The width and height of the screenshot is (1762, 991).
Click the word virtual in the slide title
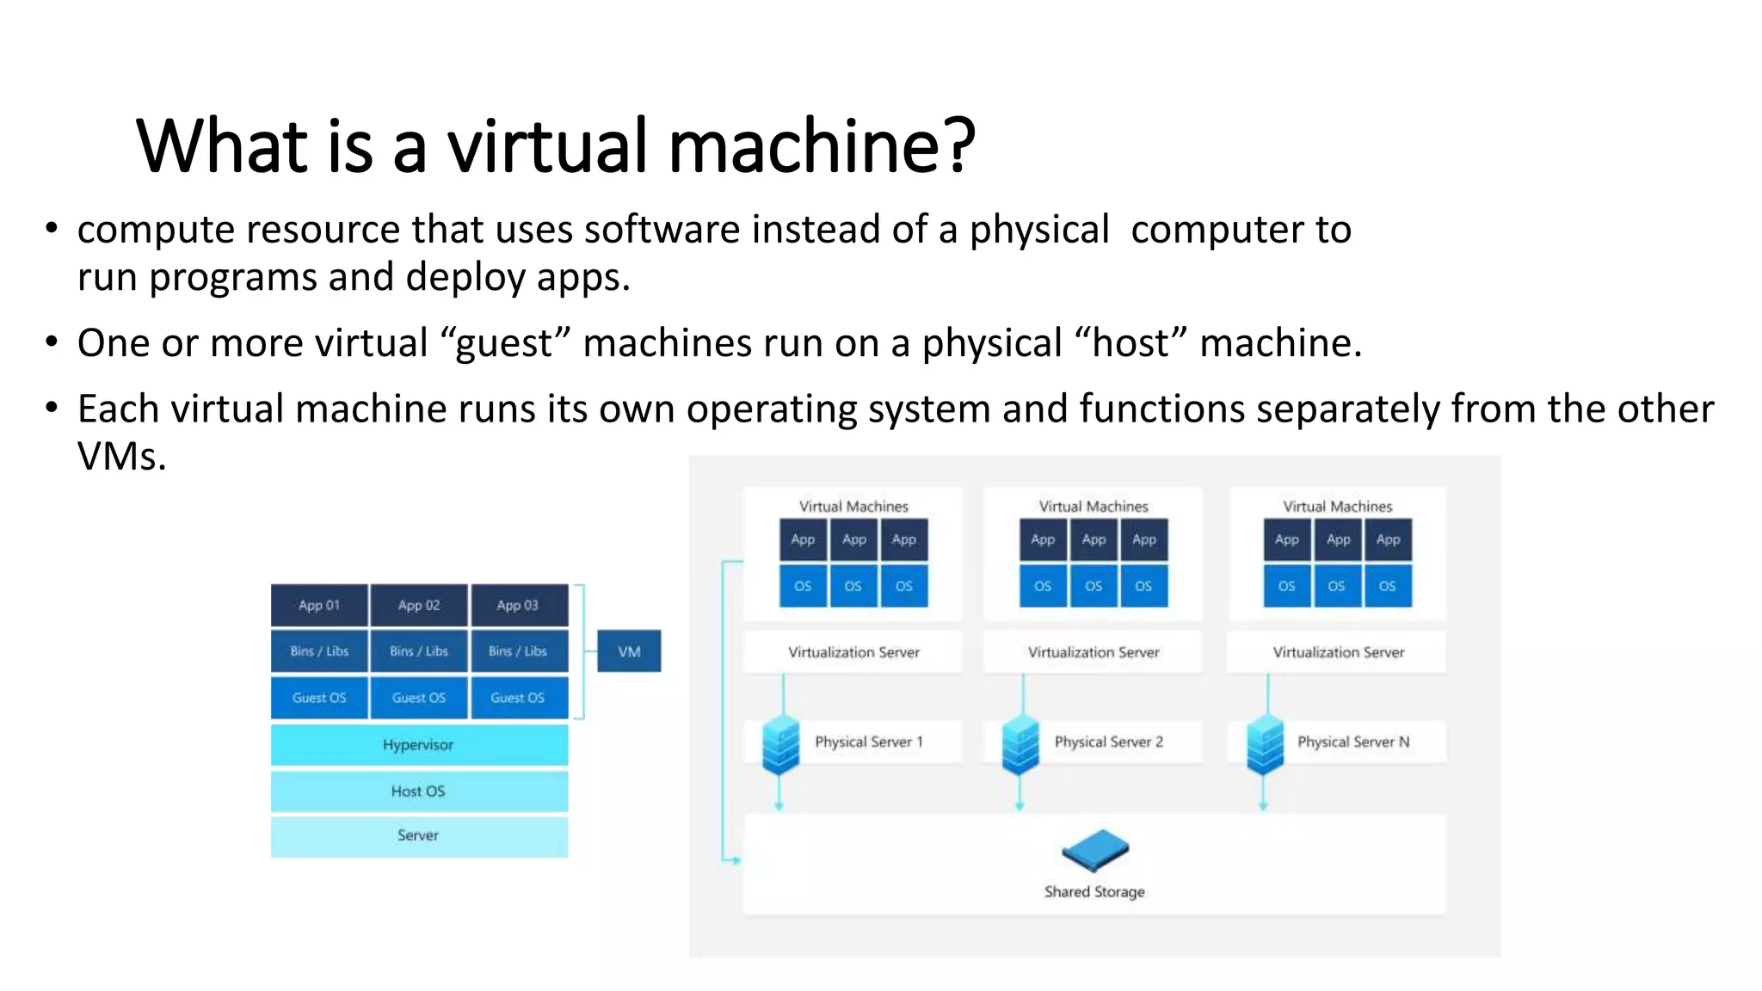coord(546,146)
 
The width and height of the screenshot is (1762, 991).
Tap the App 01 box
coord(319,606)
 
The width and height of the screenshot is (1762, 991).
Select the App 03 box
coord(518,606)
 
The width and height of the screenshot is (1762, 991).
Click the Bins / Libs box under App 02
coord(419,651)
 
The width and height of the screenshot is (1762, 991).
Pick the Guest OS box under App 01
coord(319,698)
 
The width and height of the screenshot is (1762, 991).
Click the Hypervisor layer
coord(419,745)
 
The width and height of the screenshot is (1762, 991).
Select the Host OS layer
coord(419,791)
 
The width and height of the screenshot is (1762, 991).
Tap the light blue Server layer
coord(419,836)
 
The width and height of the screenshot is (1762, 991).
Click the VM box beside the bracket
coord(629,651)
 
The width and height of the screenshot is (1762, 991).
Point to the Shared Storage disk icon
coord(1094,850)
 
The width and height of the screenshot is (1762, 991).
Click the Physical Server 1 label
coord(868,742)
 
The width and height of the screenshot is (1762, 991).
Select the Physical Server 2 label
coord(1108,742)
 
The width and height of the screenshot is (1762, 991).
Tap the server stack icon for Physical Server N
coord(1265,745)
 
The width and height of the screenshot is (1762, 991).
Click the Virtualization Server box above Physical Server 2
coord(1094,652)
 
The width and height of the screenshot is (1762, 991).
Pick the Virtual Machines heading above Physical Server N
coord(1337,507)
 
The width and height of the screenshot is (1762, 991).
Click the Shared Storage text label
coord(1094,892)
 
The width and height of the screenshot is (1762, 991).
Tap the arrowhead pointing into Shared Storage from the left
coord(736,859)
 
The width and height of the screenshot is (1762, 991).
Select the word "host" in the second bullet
coord(1131,343)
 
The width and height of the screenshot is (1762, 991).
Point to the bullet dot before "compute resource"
coord(52,229)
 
